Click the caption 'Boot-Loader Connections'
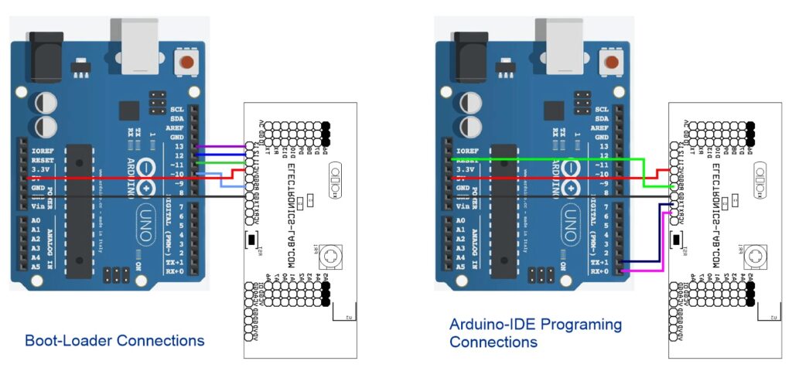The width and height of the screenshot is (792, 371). [114, 340]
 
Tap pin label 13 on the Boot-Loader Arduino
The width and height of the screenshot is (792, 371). [179, 146]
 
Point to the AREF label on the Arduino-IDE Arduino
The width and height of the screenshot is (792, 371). [598, 128]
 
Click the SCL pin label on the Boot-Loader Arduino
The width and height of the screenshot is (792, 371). [177, 110]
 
